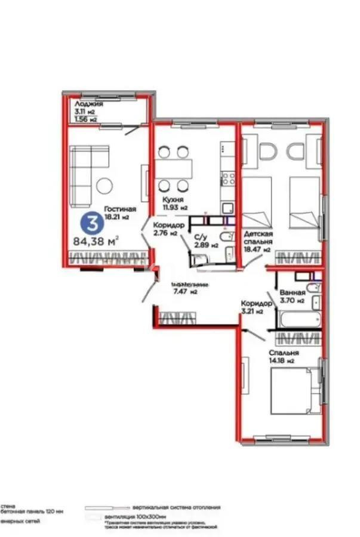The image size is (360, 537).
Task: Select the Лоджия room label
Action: (88, 104)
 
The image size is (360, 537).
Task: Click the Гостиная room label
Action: (120, 209)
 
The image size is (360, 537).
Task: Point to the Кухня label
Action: (173, 200)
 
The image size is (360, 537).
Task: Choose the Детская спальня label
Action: (258, 238)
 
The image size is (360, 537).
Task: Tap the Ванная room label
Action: (292, 294)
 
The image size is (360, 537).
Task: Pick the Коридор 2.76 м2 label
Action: (165, 229)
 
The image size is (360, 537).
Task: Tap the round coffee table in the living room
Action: (105, 185)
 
